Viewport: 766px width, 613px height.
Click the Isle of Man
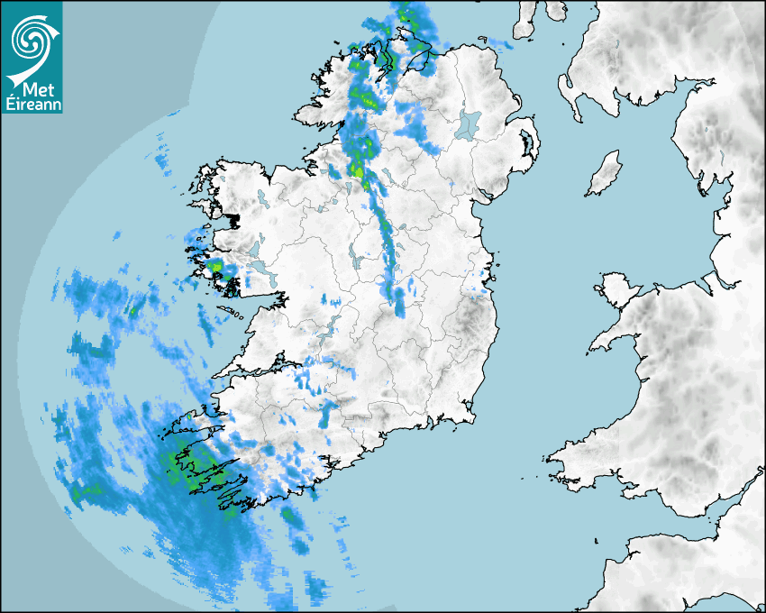coord(605,173)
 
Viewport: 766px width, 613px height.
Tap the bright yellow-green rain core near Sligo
coord(358,171)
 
